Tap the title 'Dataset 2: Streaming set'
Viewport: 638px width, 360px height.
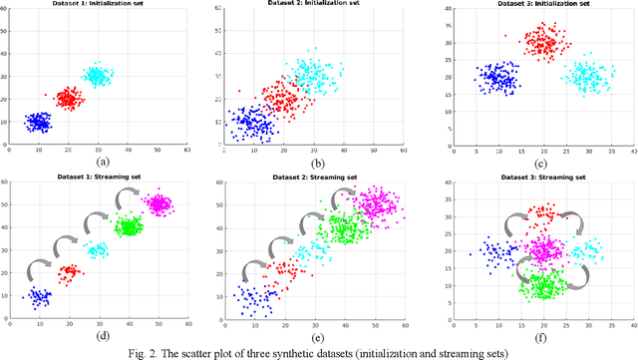pyautogui.click(x=311, y=177)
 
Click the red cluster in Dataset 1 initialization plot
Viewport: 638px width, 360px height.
pyautogui.click(x=69, y=99)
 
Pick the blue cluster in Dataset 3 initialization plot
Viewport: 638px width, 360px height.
pyautogui.click(x=495, y=79)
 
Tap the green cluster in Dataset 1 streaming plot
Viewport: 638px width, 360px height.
pyautogui.click(x=128, y=226)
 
